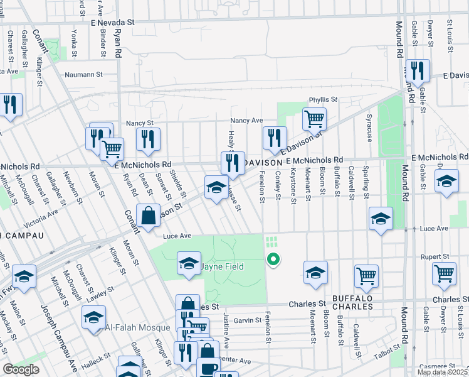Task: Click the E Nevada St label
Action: point(113,21)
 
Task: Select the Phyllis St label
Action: point(323,100)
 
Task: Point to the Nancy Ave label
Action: point(246,120)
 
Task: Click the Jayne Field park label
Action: point(222,266)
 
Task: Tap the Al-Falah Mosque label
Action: point(137,327)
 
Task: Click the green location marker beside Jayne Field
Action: point(273,258)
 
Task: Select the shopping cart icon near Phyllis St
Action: point(314,119)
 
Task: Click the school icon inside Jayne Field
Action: point(189,263)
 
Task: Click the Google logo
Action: point(21,369)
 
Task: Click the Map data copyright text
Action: point(442,372)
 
